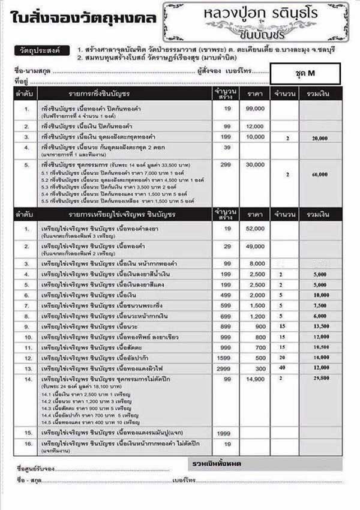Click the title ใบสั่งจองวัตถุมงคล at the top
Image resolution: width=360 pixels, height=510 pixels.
click(83, 18)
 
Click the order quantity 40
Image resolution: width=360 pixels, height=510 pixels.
click(280, 367)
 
